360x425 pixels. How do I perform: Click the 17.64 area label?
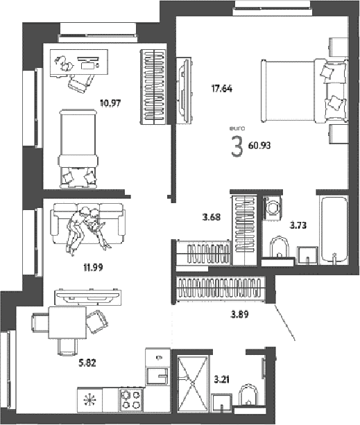click(222, 89)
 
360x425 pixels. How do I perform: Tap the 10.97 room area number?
click(110, 103)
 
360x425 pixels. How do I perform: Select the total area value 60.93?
click(259, 146)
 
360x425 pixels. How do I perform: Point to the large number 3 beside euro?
click(237, 147)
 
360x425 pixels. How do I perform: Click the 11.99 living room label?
click(93, 268)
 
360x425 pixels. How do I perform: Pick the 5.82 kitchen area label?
click(87, 363)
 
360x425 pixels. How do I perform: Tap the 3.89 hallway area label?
click(239, 314)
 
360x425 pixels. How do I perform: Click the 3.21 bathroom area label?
click(222, 380)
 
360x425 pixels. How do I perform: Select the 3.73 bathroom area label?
click(298, 225)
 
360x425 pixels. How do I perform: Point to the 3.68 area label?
click(212, 217)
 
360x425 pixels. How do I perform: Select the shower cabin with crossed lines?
click(192, 384)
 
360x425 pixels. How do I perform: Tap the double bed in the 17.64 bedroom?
click(305, 91)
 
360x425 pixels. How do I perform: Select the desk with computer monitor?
click(79, 63)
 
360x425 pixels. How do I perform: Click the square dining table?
click(67, 322)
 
